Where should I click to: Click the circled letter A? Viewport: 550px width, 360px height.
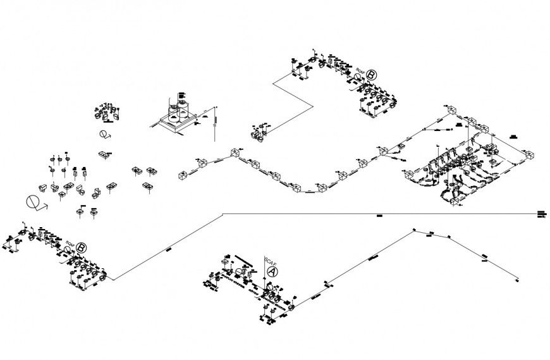pos(272,271)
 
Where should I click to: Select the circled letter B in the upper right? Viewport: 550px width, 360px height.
pos(371,75)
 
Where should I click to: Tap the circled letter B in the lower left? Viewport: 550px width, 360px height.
pos(81,249)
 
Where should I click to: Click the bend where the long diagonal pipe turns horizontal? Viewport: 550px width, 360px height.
pos(223,214)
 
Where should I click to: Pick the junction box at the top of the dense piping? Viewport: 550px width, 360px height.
pos(452,111)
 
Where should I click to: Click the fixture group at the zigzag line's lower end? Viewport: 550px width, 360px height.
pos(259,133)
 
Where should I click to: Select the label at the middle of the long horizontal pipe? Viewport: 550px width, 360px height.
pos(379,217)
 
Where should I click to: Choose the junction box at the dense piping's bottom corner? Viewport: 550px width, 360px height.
pos(454,201)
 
